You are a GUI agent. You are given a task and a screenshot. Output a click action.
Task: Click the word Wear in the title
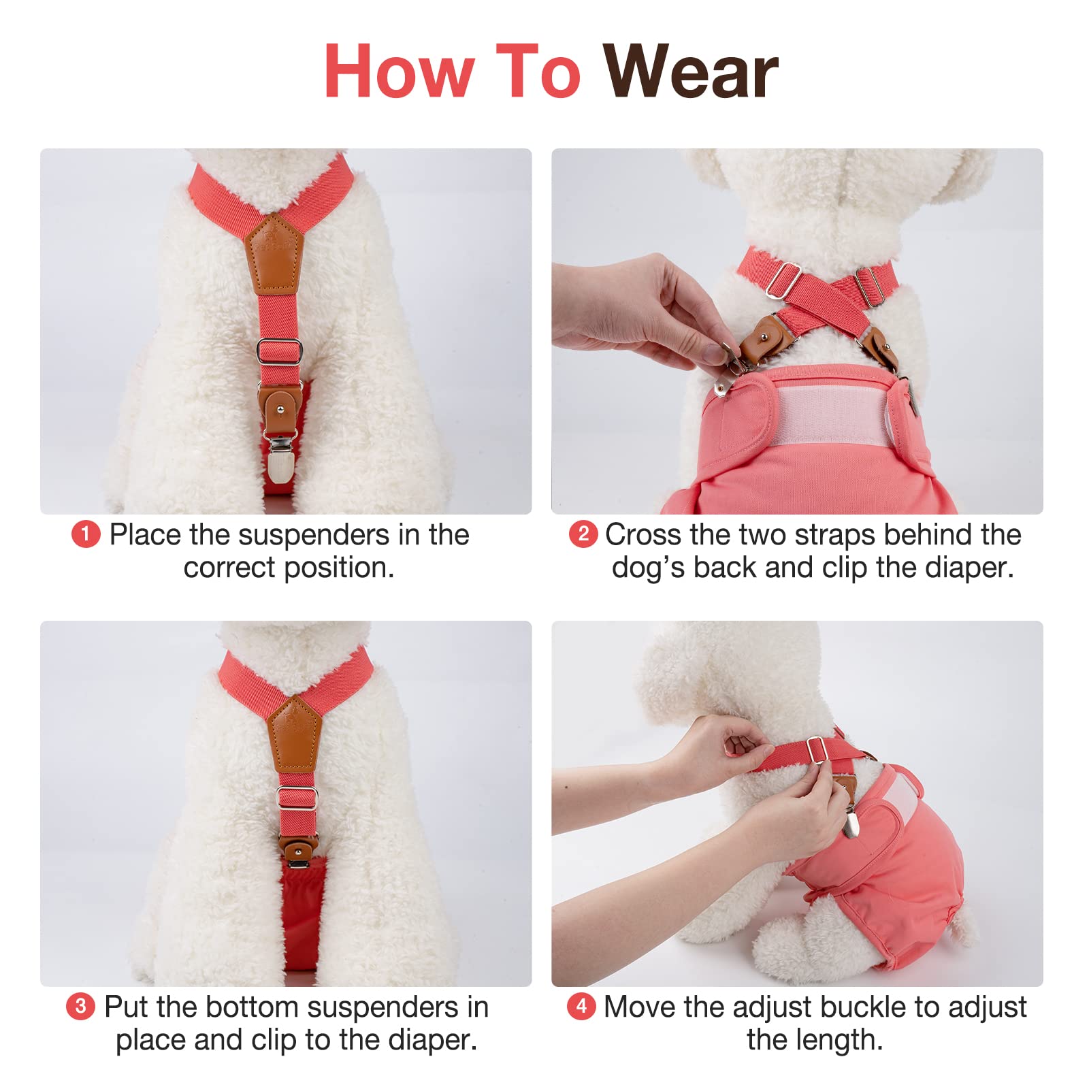point(690,72)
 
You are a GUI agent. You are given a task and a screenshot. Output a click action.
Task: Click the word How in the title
point(399,72)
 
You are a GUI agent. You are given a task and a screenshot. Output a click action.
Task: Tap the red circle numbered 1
point(86,534)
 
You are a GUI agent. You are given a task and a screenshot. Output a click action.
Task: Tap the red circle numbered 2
point(583,534)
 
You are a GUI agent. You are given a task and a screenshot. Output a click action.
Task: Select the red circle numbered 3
point(80,1006)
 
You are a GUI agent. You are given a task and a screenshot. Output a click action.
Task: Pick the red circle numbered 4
point(581,1006)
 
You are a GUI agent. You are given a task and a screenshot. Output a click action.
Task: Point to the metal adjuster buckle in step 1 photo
point(279,351)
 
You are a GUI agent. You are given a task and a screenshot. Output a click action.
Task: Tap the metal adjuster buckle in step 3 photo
point(297,796)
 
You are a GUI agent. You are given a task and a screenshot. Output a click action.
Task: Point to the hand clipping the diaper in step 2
point(633,313)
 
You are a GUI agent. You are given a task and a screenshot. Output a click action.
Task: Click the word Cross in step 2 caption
point(643,535)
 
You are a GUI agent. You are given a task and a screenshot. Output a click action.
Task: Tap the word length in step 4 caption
point(838,1040)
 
